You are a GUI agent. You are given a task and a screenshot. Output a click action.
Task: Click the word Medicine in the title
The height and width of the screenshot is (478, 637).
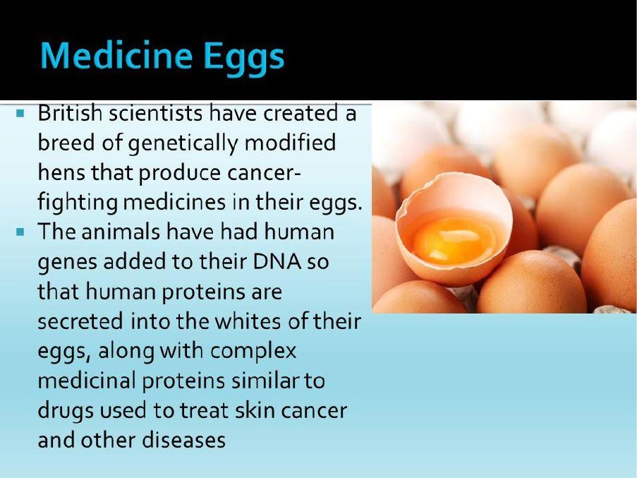pyautogui.click(x=116, y=55)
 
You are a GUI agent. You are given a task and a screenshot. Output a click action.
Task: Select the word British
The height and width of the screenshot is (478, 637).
pyautogui.click(x=70, y=112)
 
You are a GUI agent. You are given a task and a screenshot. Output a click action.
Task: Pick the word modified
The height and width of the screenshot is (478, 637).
pyautogui.click(x=290, y=142)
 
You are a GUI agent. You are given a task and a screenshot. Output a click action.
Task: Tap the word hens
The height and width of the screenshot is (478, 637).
pyautogui.click(x=61, y=172)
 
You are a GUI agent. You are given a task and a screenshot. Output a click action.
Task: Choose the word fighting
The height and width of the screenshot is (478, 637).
pyautogui.click(x=77, y=203)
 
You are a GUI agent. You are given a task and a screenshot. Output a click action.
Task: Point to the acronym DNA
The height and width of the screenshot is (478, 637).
pyautogui.click(x=277, y=261)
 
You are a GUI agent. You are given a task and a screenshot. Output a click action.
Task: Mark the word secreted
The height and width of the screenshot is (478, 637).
pyautogui.click(x=80, y=321)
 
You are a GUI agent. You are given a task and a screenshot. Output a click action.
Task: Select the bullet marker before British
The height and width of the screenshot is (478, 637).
pyautogui.click(x=20, y=113)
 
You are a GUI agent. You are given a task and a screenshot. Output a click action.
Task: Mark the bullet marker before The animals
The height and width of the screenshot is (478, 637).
pyautogui.click(x=20, y=232)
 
